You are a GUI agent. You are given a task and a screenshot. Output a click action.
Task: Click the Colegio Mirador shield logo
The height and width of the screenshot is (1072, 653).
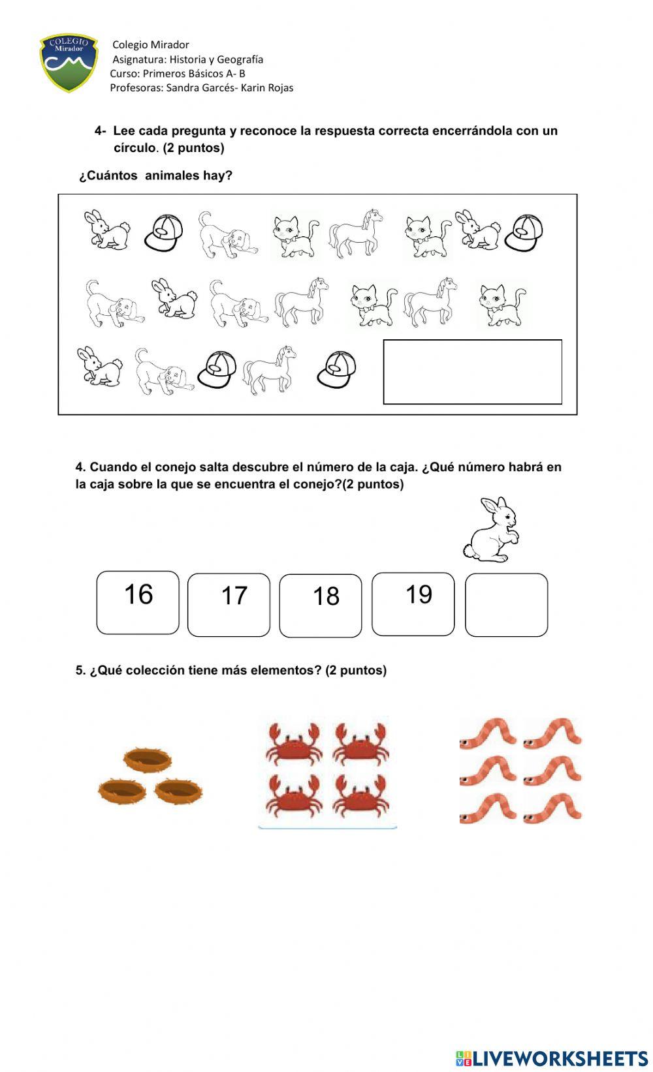69,63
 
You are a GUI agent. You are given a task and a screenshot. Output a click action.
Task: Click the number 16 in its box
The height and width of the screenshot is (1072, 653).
138,594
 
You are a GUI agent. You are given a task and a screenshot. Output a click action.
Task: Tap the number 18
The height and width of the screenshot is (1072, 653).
326,596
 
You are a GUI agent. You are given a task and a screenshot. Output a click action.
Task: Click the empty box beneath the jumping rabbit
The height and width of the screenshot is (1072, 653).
506,604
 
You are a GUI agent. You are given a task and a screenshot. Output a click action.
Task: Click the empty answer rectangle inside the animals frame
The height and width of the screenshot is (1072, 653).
472,371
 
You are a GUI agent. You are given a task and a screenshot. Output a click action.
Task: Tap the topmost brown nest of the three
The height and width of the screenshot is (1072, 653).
148,759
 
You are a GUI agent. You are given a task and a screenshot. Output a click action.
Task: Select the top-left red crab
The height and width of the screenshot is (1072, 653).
294,742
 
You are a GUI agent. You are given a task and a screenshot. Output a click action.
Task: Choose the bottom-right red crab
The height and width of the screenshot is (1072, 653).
360,794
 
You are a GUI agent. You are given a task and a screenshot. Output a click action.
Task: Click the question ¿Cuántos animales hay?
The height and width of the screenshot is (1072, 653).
155,176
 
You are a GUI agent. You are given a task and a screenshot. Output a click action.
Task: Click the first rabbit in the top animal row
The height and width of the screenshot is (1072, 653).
107,230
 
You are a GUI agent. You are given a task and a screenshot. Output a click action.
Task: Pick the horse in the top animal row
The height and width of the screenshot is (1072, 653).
356,233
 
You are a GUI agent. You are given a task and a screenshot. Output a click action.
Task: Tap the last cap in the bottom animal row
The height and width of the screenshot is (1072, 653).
337,369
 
